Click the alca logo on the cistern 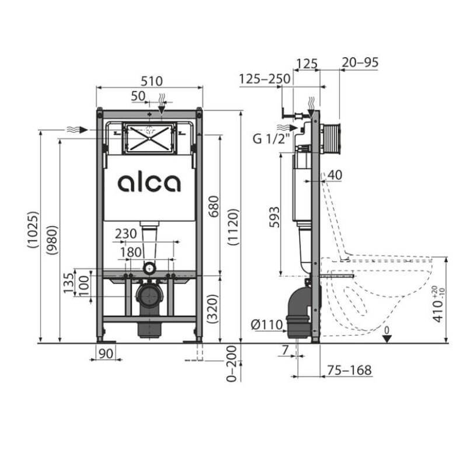(x=149, y=183)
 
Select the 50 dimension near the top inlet (x=138, y=95)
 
